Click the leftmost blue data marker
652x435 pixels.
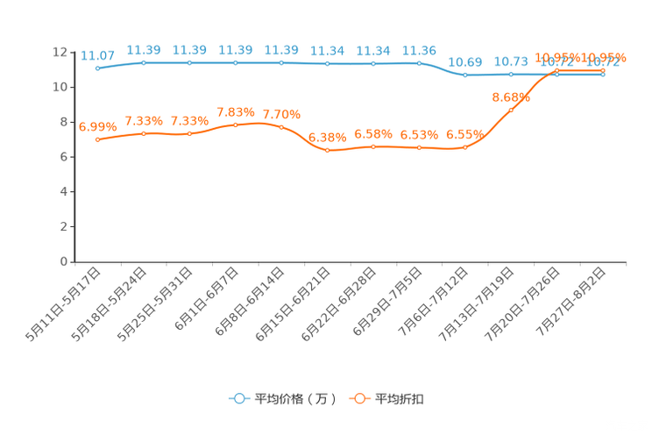pyautogui.click(x=97, y=68)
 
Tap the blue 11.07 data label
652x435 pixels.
pyautogui.click(x=97, y=55)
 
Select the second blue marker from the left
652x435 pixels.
pyautogui.click(x=144, y=62)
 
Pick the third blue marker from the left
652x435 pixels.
pyautogui.click(x=189, y=62)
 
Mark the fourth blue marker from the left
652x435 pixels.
pyautogui.click(x=236, y=62)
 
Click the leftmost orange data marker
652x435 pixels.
pyautogui.click(x=97, y=139)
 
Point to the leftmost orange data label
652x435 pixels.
pyautogui.click(x=96, y=126)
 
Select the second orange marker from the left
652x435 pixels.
pyautogui.click(x=144, y=133)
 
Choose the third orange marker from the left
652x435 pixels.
pyautogui.click(x=189, y=133)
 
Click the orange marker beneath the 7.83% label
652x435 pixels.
pyautogui.click(x=236, y=125)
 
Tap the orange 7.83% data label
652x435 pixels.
pyautogui.click(x=236, y=113)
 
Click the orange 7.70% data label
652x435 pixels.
pyautogui.click(x=281, y=115)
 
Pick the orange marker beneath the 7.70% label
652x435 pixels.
pyautogui.click(x=281, y=127)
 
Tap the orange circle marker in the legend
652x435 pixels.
pyautogui.click(x=358, y=398)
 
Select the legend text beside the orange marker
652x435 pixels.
pyautogui.click(x=400, y=399)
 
